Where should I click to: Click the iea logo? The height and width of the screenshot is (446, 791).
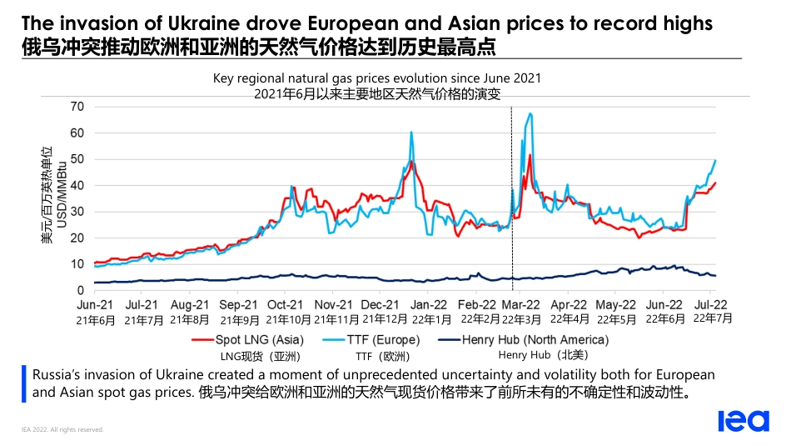[743, 421]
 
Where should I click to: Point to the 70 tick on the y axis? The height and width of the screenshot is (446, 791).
[77, 106]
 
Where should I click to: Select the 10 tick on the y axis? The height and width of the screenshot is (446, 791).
[77, 264]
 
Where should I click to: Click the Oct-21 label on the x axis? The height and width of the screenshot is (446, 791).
[285, 305]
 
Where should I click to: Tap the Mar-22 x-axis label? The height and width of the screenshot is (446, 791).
[522, 305]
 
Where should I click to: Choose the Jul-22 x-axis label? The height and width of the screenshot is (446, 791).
[713, 305]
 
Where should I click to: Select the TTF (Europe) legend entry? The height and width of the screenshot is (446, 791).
[384, 340]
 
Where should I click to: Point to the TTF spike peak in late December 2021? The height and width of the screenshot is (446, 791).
[411, 132]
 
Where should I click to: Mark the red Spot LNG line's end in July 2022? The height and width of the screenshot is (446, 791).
[715, 183]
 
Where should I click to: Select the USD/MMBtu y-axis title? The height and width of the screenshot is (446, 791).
[60, 198]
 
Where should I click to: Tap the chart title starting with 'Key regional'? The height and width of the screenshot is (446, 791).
[377, 78]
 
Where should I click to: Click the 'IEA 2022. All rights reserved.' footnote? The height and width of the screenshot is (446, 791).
[62, 429]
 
